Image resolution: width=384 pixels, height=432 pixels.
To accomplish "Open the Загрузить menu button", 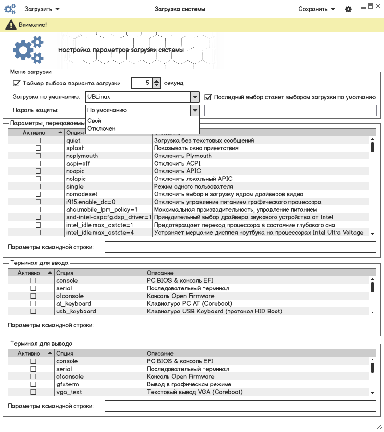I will [42, 9].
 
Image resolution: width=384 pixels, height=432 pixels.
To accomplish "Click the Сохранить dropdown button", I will [316, 9].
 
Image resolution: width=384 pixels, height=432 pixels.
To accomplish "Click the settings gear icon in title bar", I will [348, 9].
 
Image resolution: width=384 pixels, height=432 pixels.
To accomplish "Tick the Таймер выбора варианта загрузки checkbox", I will [17, 83].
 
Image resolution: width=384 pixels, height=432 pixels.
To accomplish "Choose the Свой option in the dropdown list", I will [95, 121].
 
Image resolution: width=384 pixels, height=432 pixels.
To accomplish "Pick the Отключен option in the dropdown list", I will [101, 129].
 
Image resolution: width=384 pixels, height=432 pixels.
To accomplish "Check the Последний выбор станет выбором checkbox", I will [208, 97].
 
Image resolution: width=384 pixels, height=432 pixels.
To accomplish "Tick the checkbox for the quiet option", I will [38, 141].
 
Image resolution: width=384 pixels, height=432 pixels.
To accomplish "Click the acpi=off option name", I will [78, 164].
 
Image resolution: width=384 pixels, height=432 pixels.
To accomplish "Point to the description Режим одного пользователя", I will [193, 187].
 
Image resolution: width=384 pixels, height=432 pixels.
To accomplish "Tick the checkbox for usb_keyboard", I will [33, 312].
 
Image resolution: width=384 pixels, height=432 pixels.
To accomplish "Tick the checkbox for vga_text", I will [33, 392].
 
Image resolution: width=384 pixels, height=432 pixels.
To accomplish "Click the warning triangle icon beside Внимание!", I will [10, 24].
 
